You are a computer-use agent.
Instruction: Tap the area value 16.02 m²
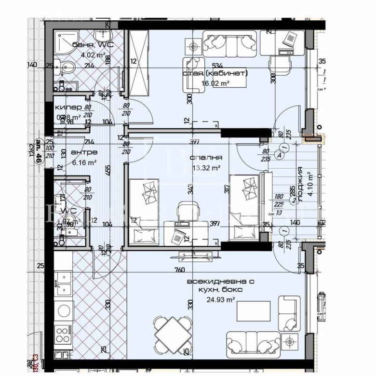tap(215, 83)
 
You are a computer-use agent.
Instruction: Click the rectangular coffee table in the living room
tap(254, 311)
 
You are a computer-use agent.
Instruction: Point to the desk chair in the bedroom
tap(186, 210)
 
